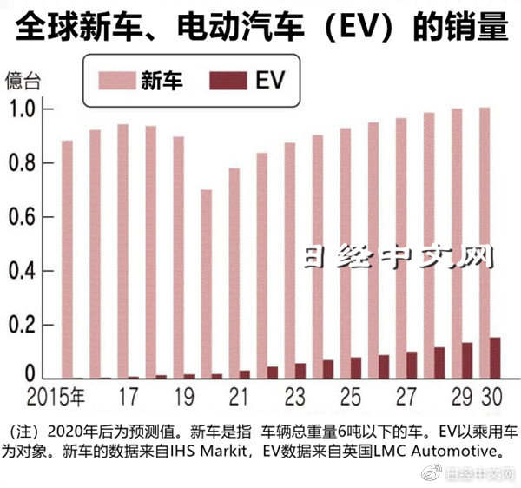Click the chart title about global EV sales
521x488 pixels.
point(260,25)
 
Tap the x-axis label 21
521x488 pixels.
point(238,399)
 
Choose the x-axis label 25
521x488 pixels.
point(350,399)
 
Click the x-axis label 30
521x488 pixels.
point(491,399)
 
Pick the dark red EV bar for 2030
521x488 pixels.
point(495,358)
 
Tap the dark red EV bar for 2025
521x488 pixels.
point(356,368)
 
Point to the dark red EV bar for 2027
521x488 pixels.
point(412,365)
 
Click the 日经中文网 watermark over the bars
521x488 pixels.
point(399,257)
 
